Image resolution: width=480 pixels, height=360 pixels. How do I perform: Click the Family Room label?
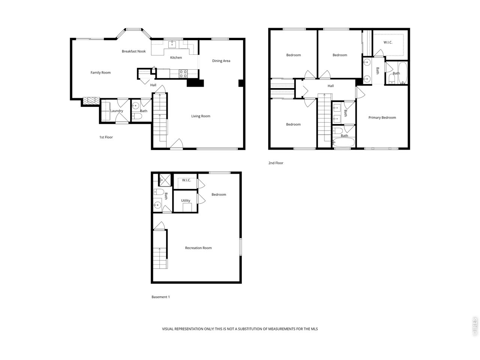click(100, 73)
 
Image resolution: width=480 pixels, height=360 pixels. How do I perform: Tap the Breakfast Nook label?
click(133, 51)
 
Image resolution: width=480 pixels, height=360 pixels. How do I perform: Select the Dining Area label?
click(221, 61)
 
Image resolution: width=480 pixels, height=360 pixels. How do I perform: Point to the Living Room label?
click(201, 116)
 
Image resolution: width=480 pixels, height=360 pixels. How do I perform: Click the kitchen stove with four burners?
click(183, 73)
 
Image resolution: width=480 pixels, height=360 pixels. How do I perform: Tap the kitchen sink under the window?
click(172, 44)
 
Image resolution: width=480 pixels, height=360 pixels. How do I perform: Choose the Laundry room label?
click(117, 111)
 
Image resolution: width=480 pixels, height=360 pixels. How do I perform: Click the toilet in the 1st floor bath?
click(137, 116)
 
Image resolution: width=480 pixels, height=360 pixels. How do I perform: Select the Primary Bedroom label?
click(382, 118)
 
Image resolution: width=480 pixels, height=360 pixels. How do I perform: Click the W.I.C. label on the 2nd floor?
click(388, 42)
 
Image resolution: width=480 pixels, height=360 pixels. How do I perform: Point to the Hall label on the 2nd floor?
click(331, 86)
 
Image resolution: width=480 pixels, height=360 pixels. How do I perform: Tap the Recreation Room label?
click(198, 248)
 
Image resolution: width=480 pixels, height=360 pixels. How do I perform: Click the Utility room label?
click(186, 200)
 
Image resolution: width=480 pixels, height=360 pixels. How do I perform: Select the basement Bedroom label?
click(219, 195)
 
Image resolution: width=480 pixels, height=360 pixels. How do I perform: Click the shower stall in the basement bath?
click(165, 180)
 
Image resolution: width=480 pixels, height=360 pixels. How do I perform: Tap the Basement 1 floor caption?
click(160, 297)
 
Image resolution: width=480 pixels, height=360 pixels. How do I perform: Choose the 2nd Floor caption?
click(276, 163)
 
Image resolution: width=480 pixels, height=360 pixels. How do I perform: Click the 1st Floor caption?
click(106, 137)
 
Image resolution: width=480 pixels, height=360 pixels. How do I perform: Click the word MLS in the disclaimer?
click(315, 329)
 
